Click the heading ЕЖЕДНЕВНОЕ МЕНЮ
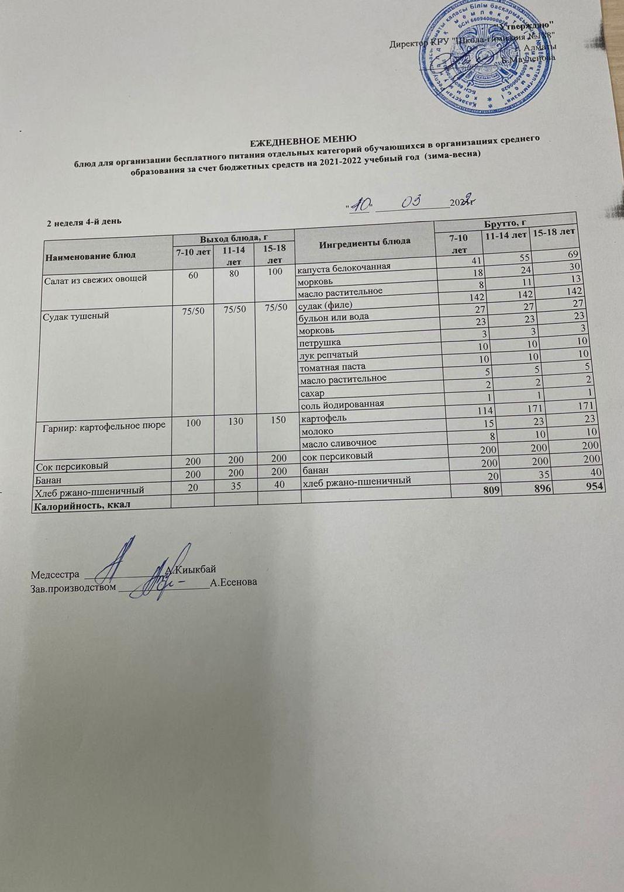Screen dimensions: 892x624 coord(303,140)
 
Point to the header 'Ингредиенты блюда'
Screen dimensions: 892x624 coord(365,241)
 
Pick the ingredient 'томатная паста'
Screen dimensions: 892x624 coord(332,367)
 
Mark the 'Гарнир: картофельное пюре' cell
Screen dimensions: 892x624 coord(104,425)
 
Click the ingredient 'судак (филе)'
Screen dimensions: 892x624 coord(326,305)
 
